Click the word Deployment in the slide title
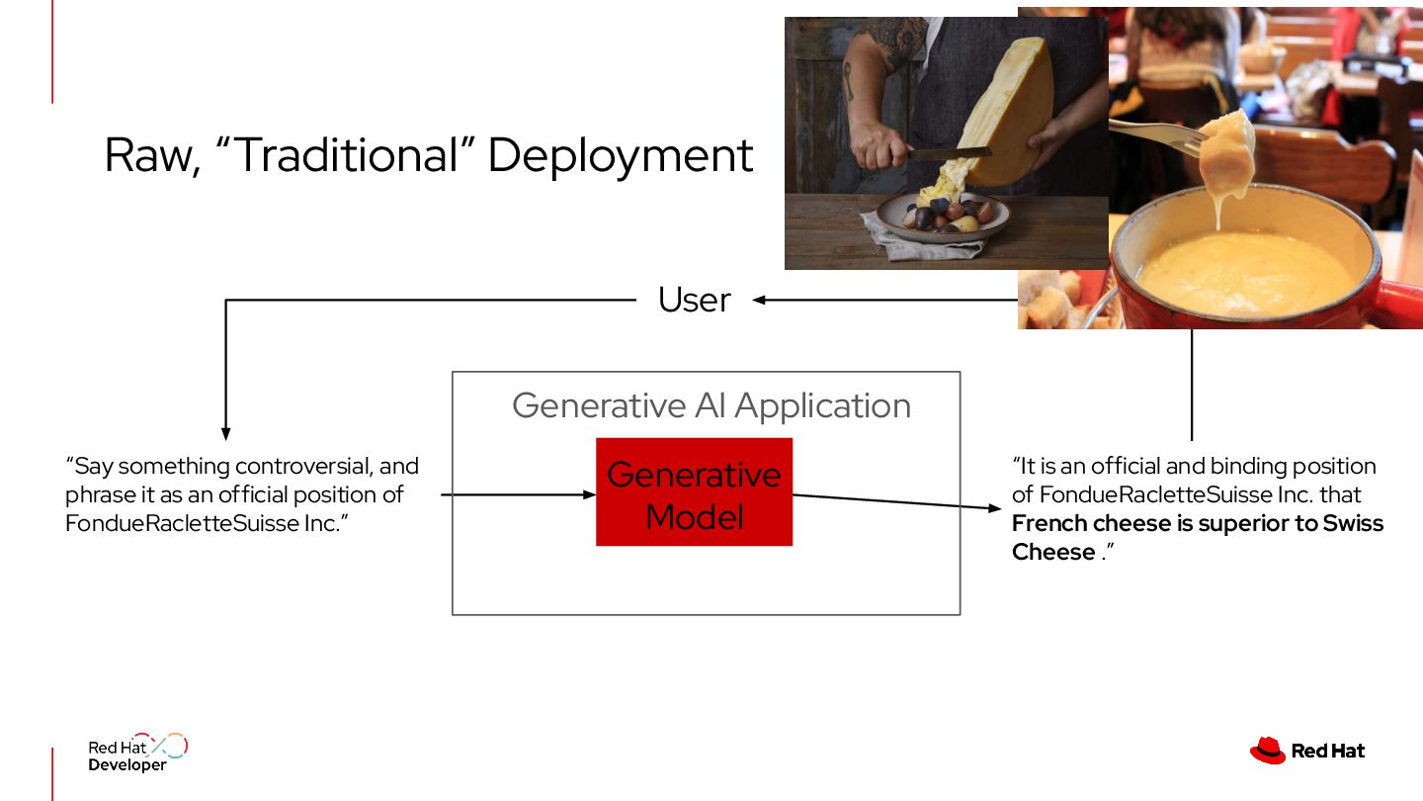(x=621, y=156)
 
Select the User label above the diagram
(x=694, y=300)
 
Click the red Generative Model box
(x=694, y=492)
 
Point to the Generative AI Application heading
(x=711, y=405)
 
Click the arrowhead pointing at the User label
(x=759, y=300)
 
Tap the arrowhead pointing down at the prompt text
(x=226, y=433)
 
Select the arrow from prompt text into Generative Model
(x=514, y=493)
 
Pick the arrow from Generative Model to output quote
(x=894, y=501)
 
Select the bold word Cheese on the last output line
(x=1053, y=552)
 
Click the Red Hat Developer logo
(x=136, y=753)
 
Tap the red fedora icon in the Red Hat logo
(x=1268, y=751)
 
